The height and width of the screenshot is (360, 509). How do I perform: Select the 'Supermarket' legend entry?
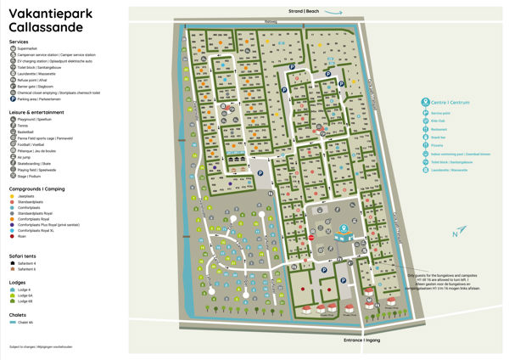point(28,49)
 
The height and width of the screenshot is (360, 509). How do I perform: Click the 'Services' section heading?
point(19,41)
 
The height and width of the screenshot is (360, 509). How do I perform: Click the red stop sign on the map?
point(310,239)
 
